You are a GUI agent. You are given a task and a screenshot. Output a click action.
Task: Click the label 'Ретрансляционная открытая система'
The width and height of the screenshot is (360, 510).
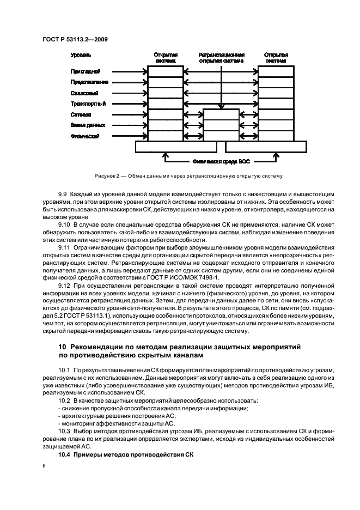221,58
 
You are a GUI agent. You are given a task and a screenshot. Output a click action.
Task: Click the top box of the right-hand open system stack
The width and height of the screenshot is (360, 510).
276,71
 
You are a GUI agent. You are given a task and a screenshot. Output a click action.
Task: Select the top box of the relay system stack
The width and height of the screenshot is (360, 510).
221,115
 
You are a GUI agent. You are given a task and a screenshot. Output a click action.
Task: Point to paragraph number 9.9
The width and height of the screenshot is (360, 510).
64,195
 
